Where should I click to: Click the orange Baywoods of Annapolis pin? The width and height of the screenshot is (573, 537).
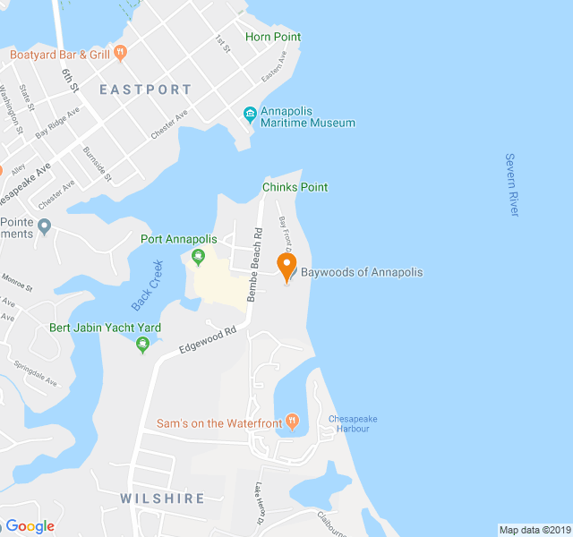[x=286, y=266]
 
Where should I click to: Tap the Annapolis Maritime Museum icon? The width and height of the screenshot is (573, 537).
[x=251, y=113]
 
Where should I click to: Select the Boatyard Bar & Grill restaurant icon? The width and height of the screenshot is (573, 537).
[x=121, y=54]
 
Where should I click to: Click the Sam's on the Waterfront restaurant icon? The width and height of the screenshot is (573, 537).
[x=291, y=422]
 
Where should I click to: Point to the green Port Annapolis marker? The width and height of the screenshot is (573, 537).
[x=198, y=258]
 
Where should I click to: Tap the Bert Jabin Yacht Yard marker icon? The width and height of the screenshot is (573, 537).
[x=141, y=345]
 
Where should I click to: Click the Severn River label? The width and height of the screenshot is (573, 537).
[x=511, y=184]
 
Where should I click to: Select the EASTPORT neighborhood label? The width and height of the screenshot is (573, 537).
[x=145, y=89]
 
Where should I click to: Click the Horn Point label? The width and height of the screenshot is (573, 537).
[x=273, y=38]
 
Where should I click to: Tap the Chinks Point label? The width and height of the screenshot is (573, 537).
[x=295, y=187]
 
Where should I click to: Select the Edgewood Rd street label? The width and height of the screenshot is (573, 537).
[x=207, y=341]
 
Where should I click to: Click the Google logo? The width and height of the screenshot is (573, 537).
[x=30, y=525]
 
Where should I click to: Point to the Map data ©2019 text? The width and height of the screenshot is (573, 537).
[x=535, y=530]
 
